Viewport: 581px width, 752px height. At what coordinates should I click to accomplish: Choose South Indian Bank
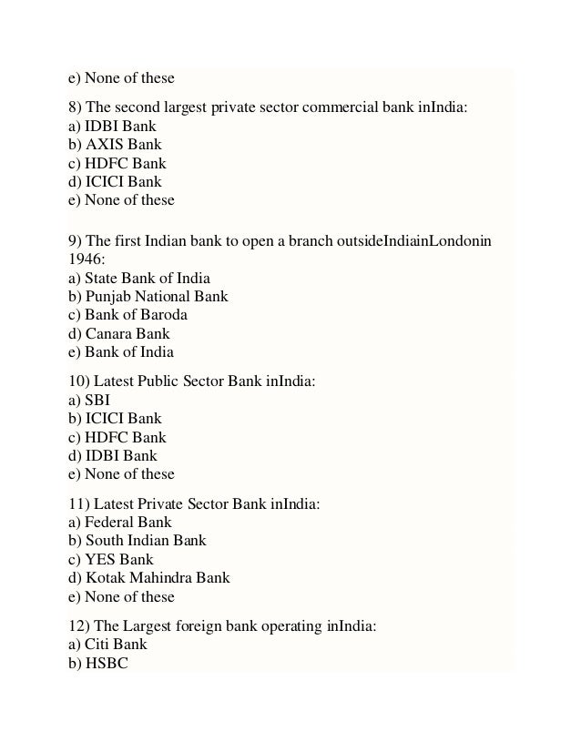point(137,540)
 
